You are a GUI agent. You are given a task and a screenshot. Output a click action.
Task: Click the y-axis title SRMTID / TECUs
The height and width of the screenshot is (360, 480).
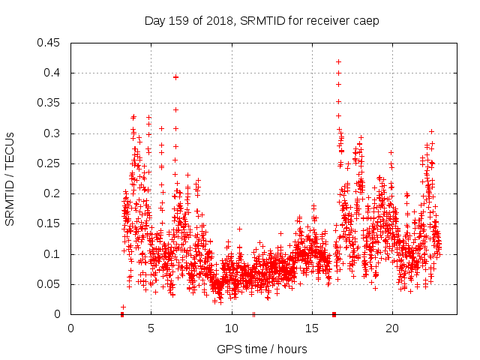10,178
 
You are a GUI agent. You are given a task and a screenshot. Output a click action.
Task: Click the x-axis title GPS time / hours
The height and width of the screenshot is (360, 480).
255,349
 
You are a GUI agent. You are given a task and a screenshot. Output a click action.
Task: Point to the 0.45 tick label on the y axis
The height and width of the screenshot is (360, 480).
50,43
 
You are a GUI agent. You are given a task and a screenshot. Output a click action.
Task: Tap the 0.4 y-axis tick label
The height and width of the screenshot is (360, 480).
53,73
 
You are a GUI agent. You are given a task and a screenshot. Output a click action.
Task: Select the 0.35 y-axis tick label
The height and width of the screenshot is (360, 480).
50,103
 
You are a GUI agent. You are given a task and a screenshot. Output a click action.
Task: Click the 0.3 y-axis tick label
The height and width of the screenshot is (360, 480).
53,133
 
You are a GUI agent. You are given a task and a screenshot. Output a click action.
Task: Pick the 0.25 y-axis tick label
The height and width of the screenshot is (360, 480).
50,163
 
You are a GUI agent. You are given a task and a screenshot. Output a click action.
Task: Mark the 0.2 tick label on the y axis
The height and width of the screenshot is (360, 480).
53,193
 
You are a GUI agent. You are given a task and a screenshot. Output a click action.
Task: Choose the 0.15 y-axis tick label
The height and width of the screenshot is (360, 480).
50,224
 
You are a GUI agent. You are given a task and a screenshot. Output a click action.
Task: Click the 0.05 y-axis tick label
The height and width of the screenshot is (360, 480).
50,284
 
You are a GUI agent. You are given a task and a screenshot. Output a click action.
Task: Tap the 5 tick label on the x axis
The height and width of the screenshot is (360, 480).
151,328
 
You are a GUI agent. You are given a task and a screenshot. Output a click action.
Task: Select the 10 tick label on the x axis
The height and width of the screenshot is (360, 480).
231,328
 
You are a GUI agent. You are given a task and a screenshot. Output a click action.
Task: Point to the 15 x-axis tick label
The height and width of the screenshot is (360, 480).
311,328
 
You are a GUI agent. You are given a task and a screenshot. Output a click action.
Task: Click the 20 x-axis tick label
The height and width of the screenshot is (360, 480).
391,328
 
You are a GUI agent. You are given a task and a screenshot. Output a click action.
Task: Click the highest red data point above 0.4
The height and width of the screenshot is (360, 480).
338,61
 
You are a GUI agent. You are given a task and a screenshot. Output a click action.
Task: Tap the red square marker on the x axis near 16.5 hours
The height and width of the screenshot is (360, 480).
334,314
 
